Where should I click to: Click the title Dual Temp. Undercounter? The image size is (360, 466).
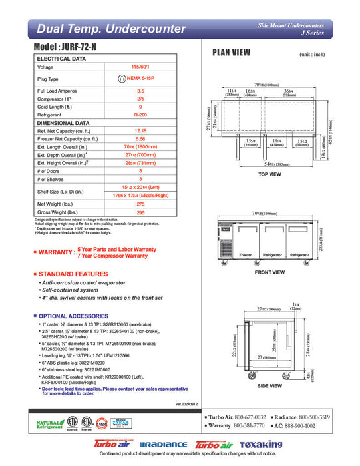111,29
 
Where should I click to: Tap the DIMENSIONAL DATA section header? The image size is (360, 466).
63,123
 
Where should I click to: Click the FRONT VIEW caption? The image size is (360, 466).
270,272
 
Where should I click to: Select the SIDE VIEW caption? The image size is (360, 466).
270,385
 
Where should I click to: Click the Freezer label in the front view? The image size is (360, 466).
245,255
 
